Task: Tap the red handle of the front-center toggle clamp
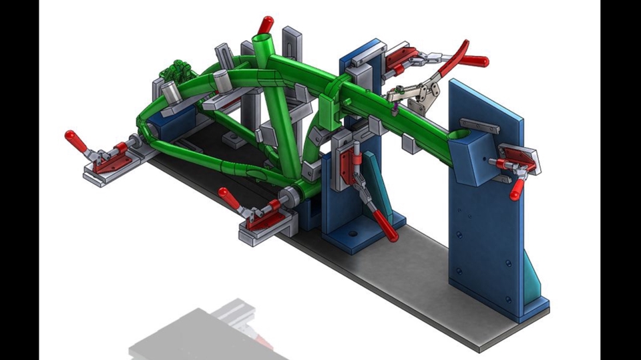coord(228,197)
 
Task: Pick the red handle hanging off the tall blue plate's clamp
coord(516,188)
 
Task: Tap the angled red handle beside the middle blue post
coord(385,224)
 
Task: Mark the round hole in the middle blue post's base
coord(352,234)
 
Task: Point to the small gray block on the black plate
coord(232,139)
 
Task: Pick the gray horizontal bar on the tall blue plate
coord(479,126)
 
